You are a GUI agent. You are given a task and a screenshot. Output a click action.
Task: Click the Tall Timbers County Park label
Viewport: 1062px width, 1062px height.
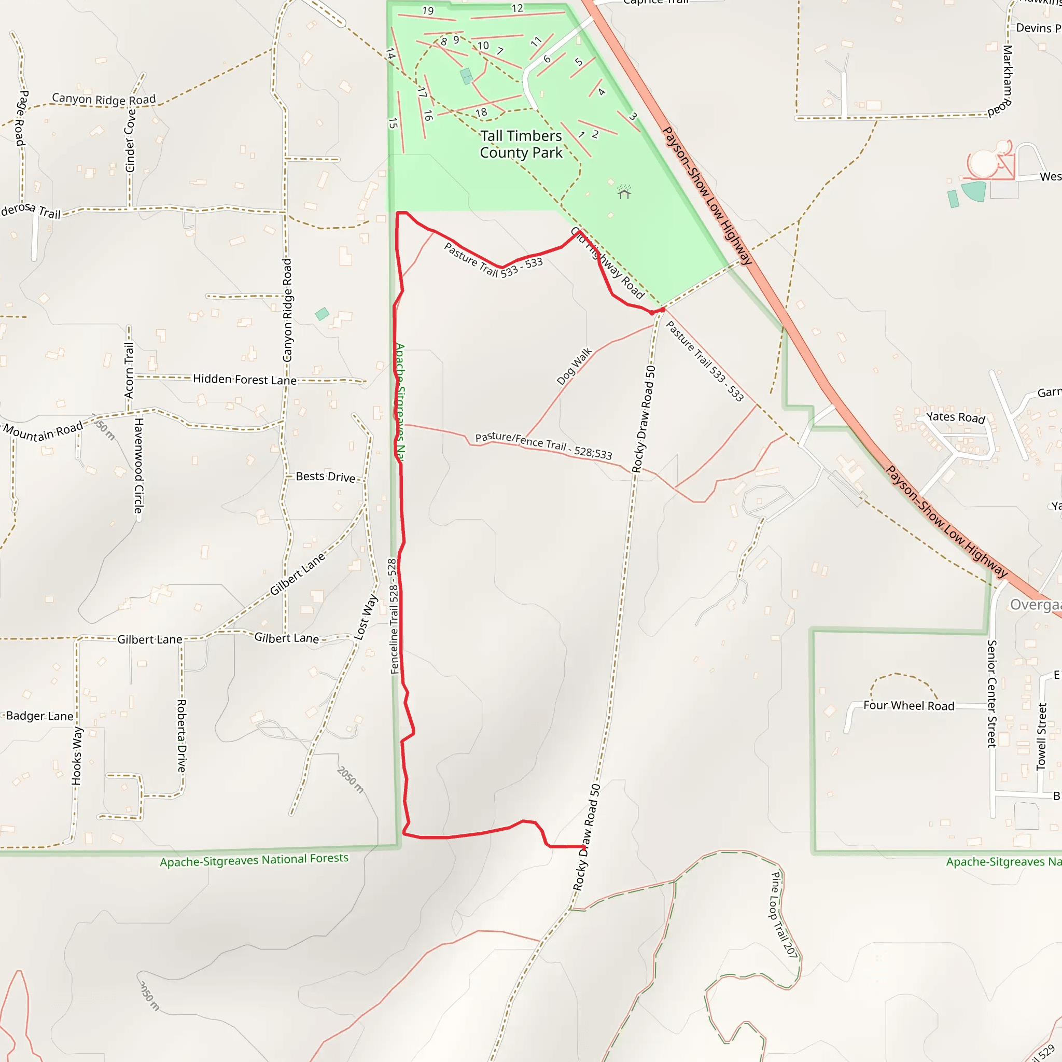[521, 144]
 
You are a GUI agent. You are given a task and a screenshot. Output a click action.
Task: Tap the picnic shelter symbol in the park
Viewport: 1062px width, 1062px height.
[624, 192]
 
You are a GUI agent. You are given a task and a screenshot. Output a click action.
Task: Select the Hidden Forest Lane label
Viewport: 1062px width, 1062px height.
[245, 379]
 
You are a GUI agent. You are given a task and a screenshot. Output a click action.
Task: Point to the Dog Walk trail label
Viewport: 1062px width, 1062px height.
[574, 366]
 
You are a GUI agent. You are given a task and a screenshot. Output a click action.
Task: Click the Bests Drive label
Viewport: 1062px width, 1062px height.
[326, 477]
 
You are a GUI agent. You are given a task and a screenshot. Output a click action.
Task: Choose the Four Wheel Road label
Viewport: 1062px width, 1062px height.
[909, 706]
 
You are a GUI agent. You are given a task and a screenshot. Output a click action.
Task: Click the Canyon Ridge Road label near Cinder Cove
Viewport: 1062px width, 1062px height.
[104, 100]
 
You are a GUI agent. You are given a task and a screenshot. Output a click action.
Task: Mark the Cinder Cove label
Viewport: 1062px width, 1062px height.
[130, 141]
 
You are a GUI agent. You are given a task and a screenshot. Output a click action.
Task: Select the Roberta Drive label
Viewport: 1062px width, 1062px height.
[181, 735]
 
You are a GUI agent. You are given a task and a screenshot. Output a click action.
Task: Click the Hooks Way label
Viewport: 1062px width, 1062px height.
[77, 756]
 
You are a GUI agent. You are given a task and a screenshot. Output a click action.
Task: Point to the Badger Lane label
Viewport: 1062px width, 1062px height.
[39, 716]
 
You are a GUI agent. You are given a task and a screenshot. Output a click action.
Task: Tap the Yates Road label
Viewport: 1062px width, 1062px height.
[956, 417]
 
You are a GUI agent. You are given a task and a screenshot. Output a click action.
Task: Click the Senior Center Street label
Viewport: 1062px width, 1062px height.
[992, 694]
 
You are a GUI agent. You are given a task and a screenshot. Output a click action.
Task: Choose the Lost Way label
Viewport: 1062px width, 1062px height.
[366, 617]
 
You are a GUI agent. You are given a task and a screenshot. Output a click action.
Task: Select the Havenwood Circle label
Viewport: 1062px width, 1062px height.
[139, 466]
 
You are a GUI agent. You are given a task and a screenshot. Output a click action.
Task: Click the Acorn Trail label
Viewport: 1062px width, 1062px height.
[129, 370]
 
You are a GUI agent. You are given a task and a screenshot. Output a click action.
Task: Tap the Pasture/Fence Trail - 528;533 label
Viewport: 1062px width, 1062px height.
[543, 445]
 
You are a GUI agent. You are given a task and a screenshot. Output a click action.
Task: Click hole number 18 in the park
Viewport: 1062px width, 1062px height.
[481, 113]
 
